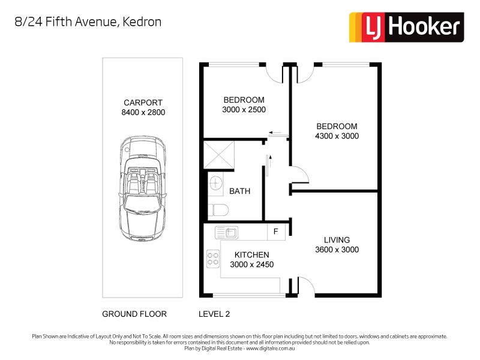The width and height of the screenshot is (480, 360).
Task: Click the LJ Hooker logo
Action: coord(406,27)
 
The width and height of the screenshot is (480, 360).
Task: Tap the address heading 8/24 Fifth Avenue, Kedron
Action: coord(88,22)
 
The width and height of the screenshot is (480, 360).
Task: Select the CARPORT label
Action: coord(143,102)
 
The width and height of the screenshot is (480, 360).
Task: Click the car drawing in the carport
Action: coord(143,187)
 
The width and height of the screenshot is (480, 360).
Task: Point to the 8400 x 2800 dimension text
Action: coord(143,112)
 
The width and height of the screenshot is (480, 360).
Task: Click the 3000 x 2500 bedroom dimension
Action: coord(244,110)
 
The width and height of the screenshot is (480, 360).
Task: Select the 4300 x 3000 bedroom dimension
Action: coord(337,136)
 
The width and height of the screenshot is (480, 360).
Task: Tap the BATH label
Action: coord(239,191)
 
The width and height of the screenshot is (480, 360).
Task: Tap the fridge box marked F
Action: coord(276,231)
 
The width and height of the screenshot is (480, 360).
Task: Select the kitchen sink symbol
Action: coord(227,231)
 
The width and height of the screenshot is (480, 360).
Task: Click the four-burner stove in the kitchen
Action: coord(212,258)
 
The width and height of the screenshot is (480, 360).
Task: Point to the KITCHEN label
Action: coord(251,255)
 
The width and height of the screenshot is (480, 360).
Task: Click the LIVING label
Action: coord(337,240)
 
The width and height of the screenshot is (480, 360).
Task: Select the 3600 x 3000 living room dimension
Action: coord(337,250)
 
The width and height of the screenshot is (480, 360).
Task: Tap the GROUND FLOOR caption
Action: coord(134,314)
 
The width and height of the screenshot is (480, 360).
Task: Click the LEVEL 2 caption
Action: coord(214,314)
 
